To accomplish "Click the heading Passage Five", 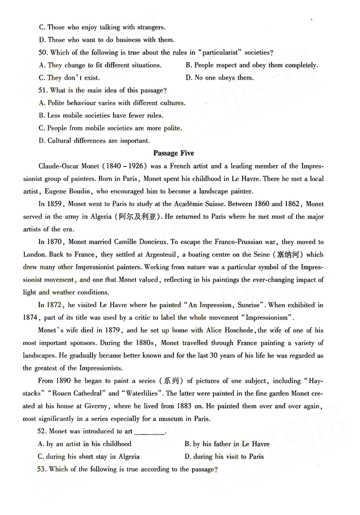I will coord(174,153).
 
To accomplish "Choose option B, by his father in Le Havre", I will coord(227,444).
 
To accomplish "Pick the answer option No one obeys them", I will coord(220,78).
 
